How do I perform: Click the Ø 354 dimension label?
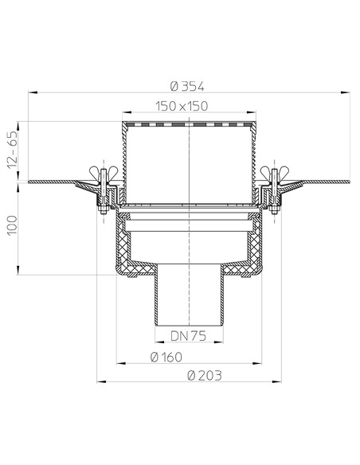click(187, 87)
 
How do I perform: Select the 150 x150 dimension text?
click(182, 106)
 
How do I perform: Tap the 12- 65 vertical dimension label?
click(13, 150)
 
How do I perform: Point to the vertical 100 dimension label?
click(13, 225)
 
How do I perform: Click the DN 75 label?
click(188, 336)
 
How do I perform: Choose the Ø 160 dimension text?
click(166, 357)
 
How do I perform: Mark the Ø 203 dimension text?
click(205, 376)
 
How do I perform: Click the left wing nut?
click(104, 172)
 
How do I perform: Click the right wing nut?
click(274, 172)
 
